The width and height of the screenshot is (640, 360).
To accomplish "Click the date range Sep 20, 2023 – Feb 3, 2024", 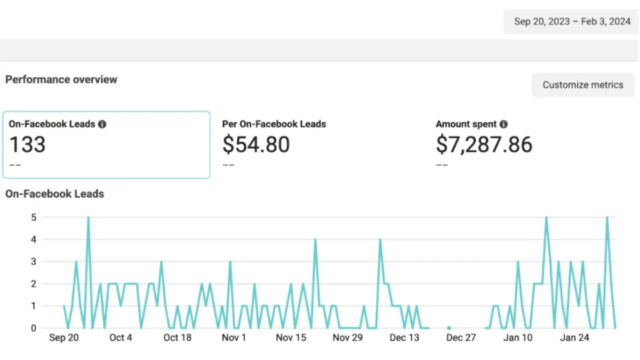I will point(572,22).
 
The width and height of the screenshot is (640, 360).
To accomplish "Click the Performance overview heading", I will point(61,79).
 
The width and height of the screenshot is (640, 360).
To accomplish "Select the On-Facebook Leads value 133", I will point(28,145).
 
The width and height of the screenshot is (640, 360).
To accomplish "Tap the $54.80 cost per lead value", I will point(256,145).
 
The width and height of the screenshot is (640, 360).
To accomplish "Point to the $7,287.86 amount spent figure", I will point(484,145).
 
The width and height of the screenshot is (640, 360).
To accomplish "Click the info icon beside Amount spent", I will point(503,124).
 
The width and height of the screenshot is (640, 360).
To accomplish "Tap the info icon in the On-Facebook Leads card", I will point(102,124).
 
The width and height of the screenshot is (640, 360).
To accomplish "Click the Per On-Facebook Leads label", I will point(274,124).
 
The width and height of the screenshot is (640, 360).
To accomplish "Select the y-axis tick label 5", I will point(34,217).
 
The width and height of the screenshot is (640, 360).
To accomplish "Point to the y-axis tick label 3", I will point(34,262).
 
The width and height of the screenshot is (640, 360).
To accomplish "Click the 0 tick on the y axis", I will point(34,329).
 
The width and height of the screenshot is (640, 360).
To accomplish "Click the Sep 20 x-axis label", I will point(63,338).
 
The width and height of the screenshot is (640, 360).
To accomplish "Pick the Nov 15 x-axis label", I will point(291,338).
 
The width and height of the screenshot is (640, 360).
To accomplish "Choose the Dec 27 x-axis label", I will point(461,338).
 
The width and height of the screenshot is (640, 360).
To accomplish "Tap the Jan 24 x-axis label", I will point(574,338).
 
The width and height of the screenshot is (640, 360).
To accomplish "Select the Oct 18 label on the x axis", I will point(177,338).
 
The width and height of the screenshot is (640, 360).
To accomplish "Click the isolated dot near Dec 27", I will point(449,328).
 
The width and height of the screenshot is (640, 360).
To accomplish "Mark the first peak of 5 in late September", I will point(88,218).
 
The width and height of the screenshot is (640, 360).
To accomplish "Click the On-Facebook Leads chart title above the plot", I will point(54,194).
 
